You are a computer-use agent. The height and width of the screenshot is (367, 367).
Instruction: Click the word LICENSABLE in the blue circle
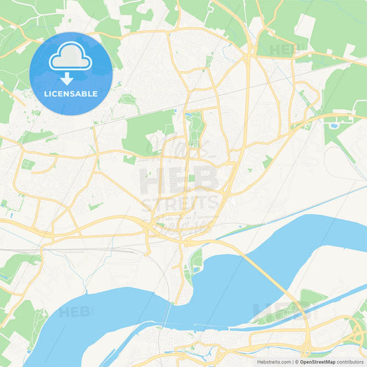71,94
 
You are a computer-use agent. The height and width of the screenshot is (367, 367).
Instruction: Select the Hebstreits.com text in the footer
272,361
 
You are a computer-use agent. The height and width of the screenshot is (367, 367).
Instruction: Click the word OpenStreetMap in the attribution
318,361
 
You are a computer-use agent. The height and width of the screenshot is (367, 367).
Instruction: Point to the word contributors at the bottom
350,361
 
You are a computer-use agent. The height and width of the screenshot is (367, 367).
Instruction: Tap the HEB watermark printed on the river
76,312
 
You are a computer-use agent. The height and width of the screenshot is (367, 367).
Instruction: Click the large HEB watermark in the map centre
180,180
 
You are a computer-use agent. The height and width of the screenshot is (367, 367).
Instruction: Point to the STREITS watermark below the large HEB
181,205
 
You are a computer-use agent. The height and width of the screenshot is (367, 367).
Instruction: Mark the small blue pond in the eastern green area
335,125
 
